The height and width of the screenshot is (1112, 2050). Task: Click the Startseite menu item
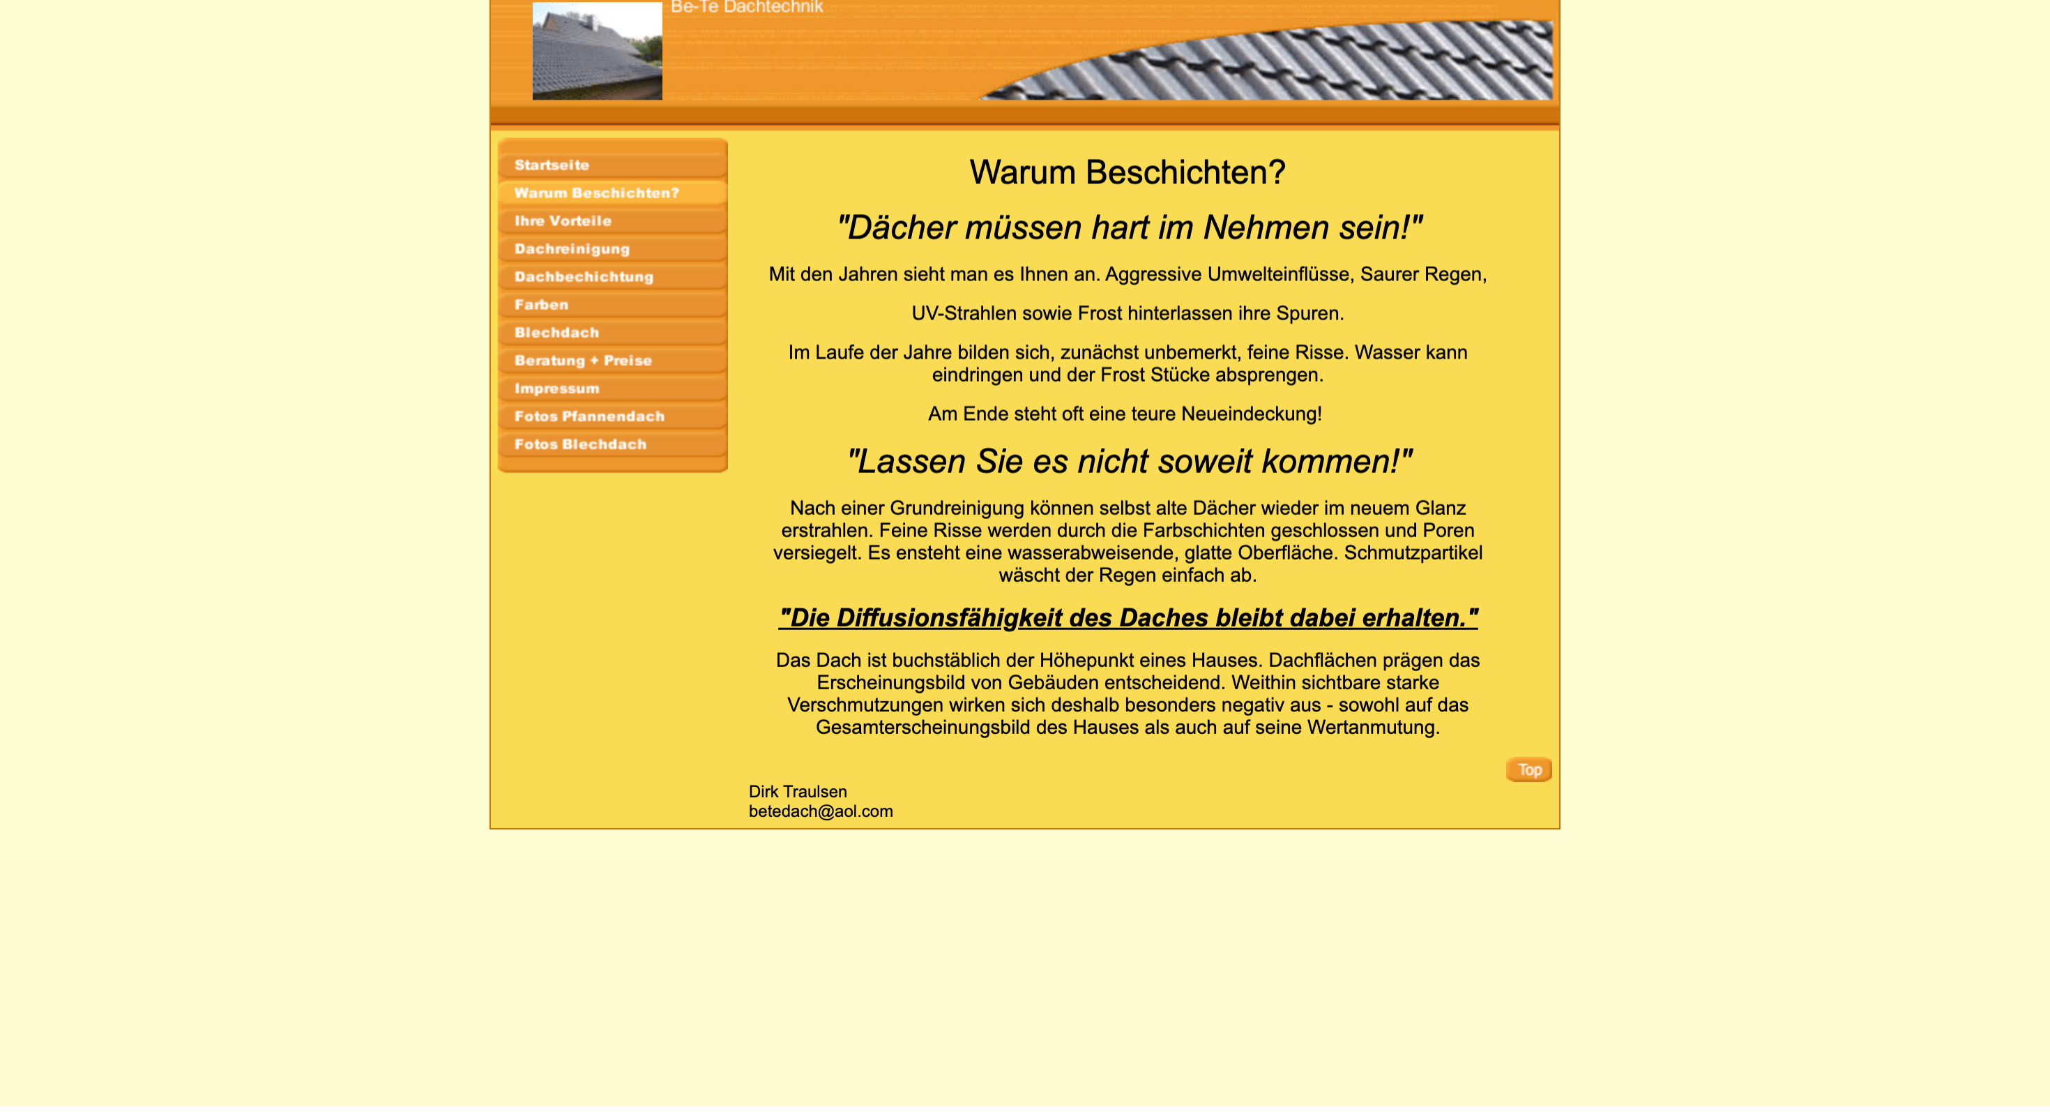pos(552,165)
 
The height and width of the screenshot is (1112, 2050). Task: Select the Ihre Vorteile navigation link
pos(563,221)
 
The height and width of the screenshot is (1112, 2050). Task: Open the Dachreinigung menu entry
pos(571,249)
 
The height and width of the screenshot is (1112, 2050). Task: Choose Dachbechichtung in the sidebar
pos(584,277)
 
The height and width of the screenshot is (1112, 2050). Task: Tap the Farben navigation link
pos(541,305)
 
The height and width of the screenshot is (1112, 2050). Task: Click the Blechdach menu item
pos(556,333)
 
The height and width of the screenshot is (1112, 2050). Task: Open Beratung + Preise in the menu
pos(582,361)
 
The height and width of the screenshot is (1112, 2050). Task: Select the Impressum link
pos(556,389)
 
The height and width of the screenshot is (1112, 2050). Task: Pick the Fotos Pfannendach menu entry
pos(589,416)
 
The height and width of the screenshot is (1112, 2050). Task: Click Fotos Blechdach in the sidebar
pos(580,444)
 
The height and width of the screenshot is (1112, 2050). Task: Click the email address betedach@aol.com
pos(821,811)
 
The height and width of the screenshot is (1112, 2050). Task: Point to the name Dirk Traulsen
pos(798,791)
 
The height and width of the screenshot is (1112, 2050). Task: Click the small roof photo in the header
pos(597,50)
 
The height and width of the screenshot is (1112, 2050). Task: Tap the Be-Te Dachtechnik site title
pos(747,7)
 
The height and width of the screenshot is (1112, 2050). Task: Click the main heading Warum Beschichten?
pos(1127,172)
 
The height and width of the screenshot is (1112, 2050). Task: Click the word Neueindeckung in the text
pos(1250,414)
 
